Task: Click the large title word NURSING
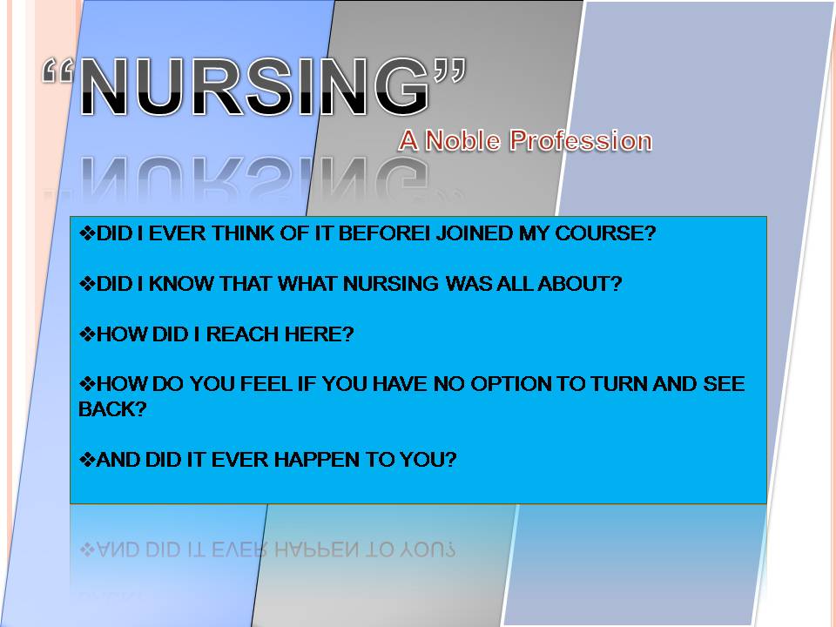[x=255, y=86]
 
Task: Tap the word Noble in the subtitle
[x=462, y=141]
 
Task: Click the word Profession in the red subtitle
[x=581, y=141]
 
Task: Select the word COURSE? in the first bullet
[x=605, y=233]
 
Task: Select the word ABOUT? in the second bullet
[x=580, y=284]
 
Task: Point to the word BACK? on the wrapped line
[x=112, y=409]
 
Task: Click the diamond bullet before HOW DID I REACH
[x=87, y=334]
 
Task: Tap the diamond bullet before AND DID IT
[x=87, y=460]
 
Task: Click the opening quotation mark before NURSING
[x=58, y=70]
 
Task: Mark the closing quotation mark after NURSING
[x=449, y=70]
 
